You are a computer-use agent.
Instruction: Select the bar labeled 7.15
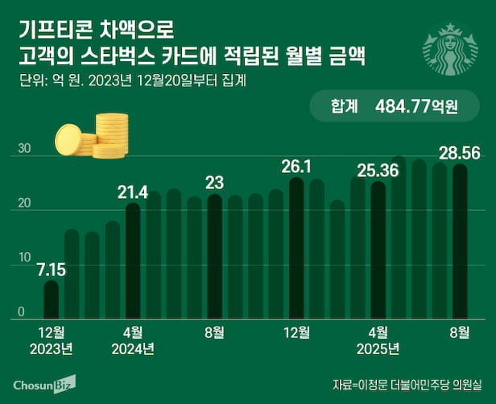(52, 299)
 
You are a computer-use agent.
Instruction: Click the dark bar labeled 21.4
(133, 262)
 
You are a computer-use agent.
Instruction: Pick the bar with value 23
(214, 256)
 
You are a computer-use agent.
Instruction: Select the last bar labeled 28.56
(460, 241)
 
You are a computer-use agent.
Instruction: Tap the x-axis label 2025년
(378, 349)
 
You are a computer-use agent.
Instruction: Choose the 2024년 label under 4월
(133, 349)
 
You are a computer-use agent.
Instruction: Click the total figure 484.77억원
(416, 105)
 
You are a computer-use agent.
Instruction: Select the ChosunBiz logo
(44, 383)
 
